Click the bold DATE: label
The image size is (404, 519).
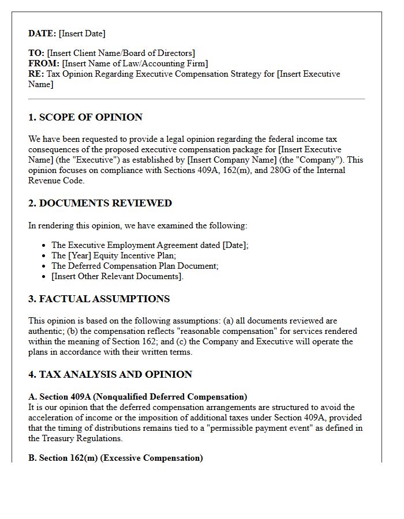pyautogui.click(x=42, y=33)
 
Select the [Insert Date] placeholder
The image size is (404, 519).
pyautogui.click(x=82, y=33)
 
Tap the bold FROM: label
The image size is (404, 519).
pyautogui.click(x=44, y=63)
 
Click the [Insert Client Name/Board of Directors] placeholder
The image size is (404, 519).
pyautogui.click(x=121, y=53)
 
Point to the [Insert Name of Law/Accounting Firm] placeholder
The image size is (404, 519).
pyautogui.click(x=135, y=63)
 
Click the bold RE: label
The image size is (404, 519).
pyautogui.click(x=36, y=74)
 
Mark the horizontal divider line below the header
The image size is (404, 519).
pyautogui.click(x=196, y=99)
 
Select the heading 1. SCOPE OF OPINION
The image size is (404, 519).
pyautogui.click(x=85, y=117)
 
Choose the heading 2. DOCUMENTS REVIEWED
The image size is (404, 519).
pyautogui.click(x=100, y=203)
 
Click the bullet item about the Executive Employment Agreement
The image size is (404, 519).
pyautogui.click(x=149, y=245)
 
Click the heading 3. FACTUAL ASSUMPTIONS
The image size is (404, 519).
pyautogui.click(x=99, y=299)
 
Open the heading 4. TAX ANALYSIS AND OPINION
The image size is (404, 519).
pyautogui.click(x=110, y=374)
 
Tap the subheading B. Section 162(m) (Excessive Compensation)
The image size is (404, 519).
pyautogui.click(x=115, y=458)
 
